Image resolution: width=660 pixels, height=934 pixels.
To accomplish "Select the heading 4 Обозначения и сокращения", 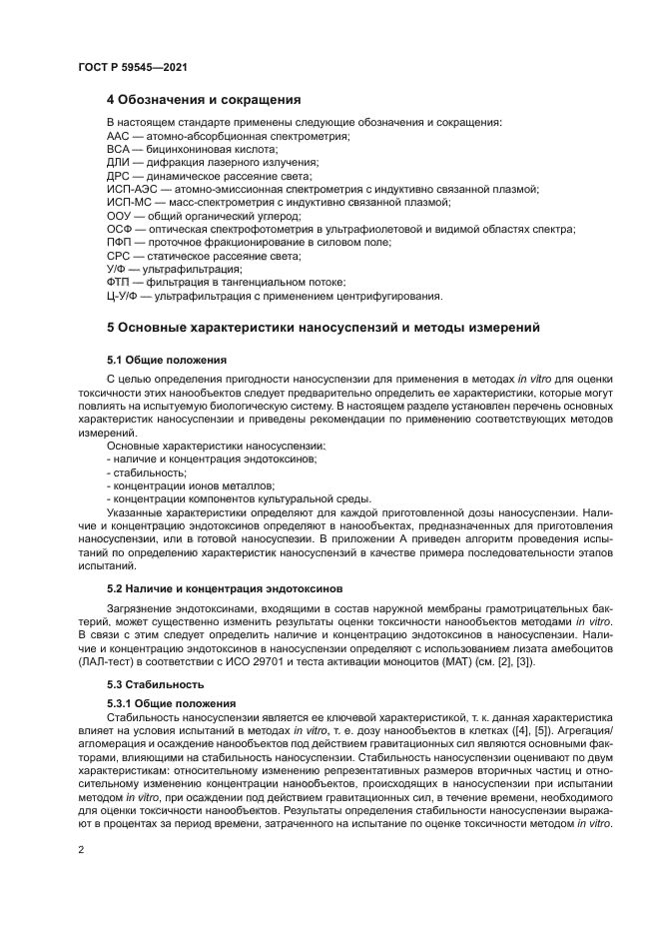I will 204,100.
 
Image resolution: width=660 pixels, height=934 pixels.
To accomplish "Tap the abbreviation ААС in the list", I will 118,135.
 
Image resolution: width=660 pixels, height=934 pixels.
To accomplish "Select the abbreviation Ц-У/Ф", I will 123,297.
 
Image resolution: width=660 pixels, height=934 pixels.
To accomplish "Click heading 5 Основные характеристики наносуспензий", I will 324,327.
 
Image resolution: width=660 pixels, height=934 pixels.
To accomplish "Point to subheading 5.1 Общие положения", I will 167,359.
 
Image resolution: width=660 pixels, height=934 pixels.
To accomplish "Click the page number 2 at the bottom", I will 82,849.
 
